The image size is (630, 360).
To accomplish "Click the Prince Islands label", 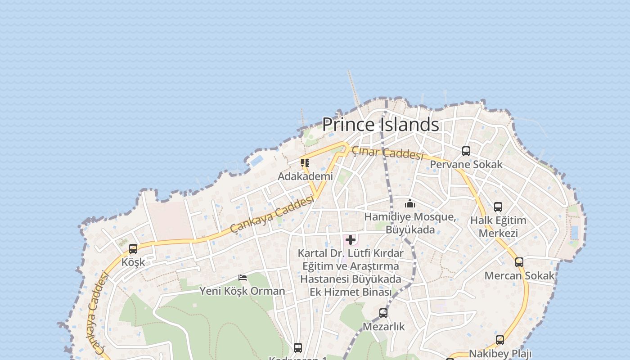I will [380, 125].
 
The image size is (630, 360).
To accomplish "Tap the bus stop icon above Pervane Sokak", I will [466, 151].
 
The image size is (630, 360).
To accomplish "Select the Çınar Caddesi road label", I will [387, 153].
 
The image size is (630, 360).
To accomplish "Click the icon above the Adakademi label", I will [305, 163].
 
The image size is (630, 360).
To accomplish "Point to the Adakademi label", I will [305, 176].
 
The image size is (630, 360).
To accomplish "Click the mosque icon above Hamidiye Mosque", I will [409, 204].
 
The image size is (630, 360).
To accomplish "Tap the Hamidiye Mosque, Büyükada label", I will [409, 223].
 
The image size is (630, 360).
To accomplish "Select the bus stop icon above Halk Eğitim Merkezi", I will [498, 207].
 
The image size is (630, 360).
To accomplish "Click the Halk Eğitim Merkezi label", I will [498, 227].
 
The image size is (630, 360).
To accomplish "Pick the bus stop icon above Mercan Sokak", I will [519, 262].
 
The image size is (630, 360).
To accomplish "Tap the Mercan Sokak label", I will [519, 275].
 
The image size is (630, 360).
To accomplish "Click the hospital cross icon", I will [350, 240].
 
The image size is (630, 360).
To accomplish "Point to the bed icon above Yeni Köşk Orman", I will [243, 278].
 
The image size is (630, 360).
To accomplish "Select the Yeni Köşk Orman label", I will [242, 291].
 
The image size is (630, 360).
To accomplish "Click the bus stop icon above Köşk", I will [133, 249].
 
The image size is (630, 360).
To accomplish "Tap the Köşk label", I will [133, 262].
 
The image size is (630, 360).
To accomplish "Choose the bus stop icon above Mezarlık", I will [383, 313].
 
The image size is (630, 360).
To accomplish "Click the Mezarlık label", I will [383, 326].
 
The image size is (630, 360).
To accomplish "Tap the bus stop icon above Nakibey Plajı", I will [500, 340].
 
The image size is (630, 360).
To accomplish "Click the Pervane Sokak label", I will [466, 164].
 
